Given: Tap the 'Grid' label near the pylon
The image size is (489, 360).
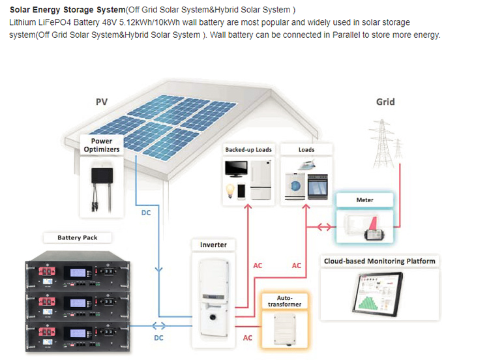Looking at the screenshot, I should [385, 102].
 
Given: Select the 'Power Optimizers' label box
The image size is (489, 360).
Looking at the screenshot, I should [101, 145].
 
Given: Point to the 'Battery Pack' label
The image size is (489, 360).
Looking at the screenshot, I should [78, 237].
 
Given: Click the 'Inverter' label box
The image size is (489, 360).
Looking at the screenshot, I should [213, 245].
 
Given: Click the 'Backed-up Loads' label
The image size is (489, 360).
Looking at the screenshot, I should [248, 149].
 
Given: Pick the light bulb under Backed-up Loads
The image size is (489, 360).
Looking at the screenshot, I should [229, 190].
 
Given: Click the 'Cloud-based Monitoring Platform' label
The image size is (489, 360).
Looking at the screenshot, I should [379, 262].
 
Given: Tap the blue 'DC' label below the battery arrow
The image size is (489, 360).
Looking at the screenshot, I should [158, 338].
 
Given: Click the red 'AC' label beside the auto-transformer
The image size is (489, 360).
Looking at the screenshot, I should [247, 338].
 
